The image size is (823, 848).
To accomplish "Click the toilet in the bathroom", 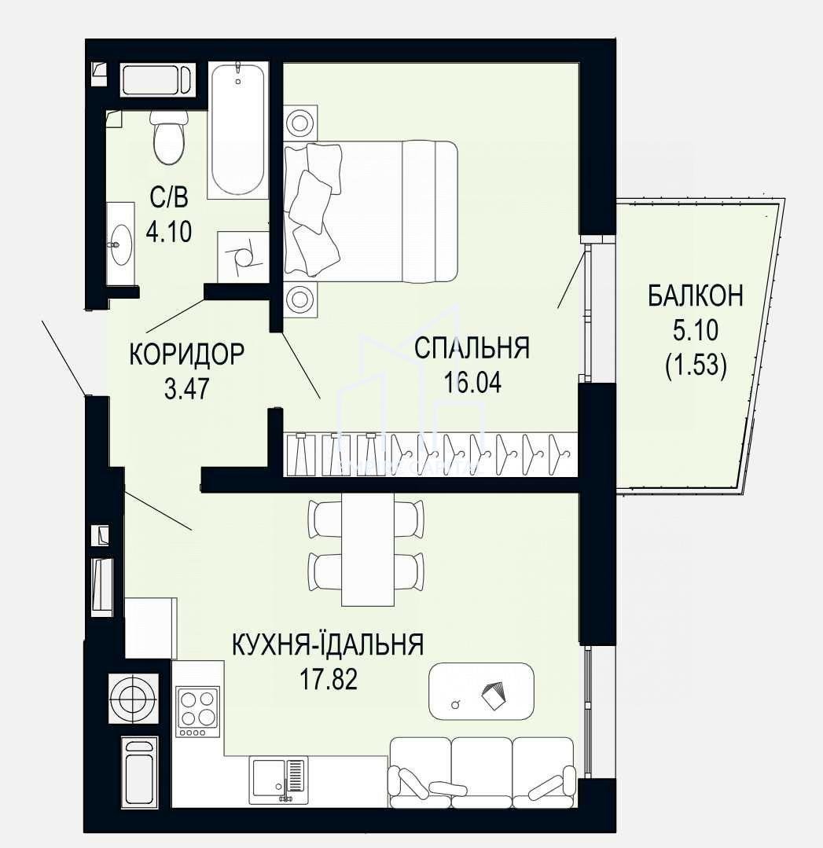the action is (x=168, y=138).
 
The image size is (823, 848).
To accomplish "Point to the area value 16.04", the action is (x=472, y=382).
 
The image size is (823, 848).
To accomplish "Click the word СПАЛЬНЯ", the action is (x=472, y=347).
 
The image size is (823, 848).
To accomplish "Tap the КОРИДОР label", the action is (x=186, y=354).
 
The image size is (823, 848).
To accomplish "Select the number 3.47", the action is (x=186, y=388).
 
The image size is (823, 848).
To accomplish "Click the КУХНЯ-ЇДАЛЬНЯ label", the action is (x=327, y=644).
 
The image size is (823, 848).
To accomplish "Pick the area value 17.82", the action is (x=329, y=679).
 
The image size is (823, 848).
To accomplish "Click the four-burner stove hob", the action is (x=197, y=712).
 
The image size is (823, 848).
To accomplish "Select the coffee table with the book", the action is (x=481, y=691).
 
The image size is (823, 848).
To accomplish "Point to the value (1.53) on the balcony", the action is (x=696, y=365).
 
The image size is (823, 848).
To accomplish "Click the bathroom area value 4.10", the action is (x=169, y=232).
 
